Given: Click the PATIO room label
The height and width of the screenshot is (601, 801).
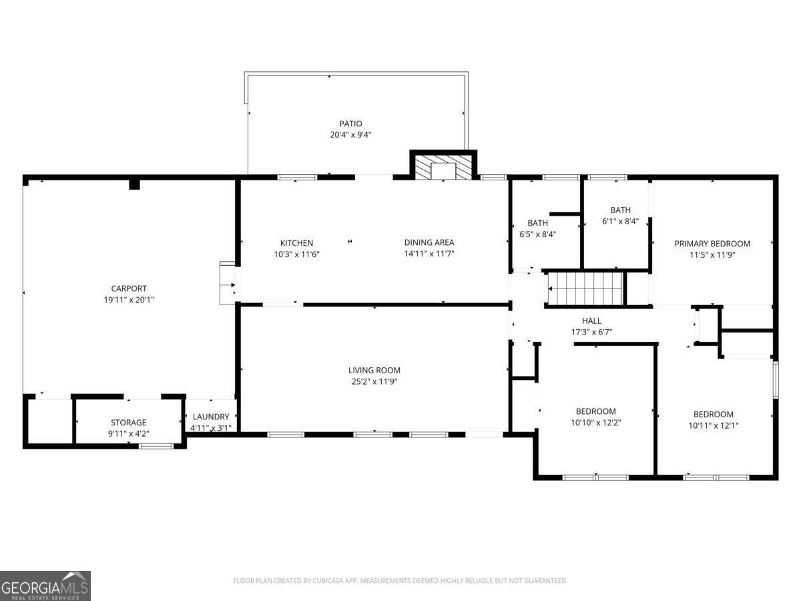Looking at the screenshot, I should point(350,124).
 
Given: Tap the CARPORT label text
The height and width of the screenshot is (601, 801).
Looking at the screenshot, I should point(129,288).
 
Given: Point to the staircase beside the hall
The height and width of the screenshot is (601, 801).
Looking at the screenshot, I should point(585,288).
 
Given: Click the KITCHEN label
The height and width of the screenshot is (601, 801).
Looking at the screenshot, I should point(296,243).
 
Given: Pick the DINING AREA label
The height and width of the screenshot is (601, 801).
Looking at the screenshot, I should point(429,242).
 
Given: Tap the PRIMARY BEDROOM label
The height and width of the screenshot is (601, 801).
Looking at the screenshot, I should point(712,244).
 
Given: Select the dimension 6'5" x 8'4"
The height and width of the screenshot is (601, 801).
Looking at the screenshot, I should point(537,234).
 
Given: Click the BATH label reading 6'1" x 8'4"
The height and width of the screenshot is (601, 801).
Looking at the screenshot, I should point(620,210).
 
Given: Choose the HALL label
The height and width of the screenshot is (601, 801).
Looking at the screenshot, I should point(591,321).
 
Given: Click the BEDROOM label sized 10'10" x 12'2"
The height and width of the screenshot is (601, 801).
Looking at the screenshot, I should point(595,411).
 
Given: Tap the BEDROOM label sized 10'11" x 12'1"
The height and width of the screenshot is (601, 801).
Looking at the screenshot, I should point(713,414).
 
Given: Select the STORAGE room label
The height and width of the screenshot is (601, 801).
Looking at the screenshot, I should point(128,423).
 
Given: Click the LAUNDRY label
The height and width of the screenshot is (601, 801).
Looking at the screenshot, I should point(211,417).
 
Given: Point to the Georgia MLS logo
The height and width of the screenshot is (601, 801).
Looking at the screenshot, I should point(45,586).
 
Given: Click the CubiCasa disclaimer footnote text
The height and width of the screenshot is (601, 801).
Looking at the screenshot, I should point(400,580).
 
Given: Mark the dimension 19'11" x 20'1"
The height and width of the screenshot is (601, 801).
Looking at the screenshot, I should point(129,300).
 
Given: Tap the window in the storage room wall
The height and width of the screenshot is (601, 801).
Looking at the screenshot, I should point(156,445).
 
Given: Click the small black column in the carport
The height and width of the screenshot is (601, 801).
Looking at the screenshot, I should point(134,183).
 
